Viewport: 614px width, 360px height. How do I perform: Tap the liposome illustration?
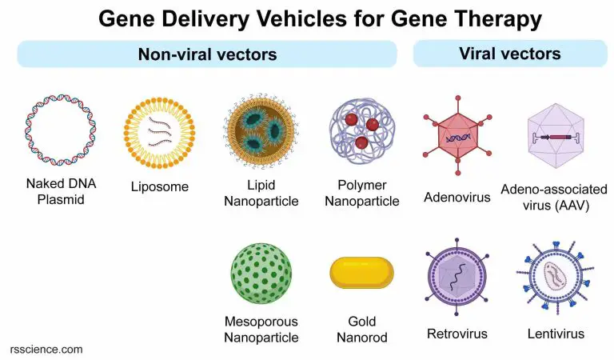point(159,130)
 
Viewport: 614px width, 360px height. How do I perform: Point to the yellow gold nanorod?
point(362,273)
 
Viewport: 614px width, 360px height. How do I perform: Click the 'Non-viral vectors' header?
point(207,54)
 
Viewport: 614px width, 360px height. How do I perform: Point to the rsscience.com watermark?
point(46,350)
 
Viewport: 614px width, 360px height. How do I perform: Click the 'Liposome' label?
point(160,187)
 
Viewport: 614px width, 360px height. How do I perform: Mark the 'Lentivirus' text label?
point(556,334)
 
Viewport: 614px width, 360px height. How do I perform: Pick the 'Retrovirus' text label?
point(457,334)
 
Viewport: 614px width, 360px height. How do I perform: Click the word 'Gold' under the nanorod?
point(362,322)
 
